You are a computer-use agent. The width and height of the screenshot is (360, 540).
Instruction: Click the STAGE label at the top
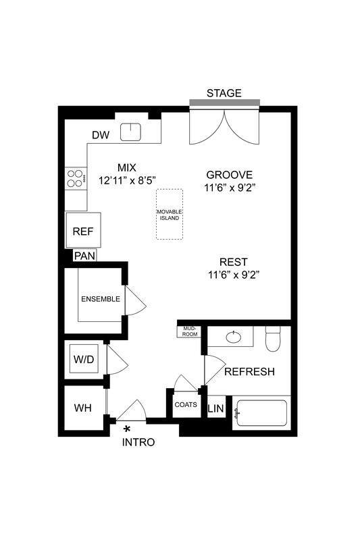click(x=224, y=93)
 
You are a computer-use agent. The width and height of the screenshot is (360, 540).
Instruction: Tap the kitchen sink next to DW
click(x=130, y=132)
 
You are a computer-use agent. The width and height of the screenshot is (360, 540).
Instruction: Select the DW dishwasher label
click(x=101, y=135)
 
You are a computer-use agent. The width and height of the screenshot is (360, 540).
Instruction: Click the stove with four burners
click(x=75, y=178)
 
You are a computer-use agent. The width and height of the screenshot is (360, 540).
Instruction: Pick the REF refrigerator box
click(x=83, y=231)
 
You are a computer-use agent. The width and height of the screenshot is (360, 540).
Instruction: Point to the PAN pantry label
click(x=84, y=256)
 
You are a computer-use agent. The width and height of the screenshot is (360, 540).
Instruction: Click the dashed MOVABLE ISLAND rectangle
click(x=170, y=214)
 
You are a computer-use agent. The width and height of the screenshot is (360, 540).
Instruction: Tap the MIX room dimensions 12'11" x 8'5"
click(x=127, y=180)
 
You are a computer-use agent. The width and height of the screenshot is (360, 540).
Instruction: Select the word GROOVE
click(x=230, y=173)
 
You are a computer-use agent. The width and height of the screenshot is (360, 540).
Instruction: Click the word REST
click(x=233, y=262)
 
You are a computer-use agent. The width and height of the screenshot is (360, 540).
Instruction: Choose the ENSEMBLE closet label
click(x=101, y=299)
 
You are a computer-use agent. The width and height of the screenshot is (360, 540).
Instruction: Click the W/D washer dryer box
click(x=84, y=360)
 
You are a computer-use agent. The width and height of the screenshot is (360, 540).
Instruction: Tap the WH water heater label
click(x=83, y=408)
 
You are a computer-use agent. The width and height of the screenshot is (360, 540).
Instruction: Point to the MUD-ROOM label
click(x=188, y=331)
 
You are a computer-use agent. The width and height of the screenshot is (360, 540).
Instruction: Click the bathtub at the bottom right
click(x=261, y=412)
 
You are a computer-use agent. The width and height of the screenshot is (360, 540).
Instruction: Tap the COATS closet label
click(x=185, y=405)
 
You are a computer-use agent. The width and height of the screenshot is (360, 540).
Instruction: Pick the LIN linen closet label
click(x=215, y=409)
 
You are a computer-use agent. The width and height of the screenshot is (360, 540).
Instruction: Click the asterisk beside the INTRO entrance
click(x=126, y=428)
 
